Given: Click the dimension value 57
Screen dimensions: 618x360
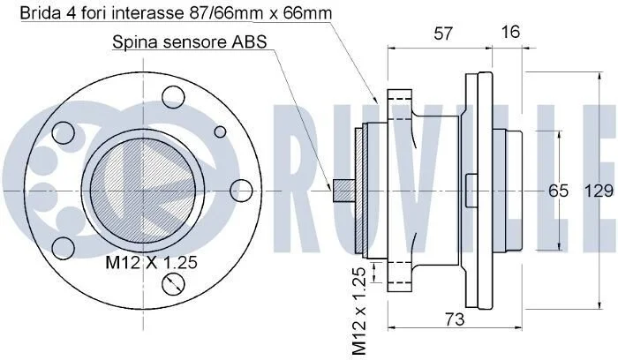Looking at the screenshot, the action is pos(443,34).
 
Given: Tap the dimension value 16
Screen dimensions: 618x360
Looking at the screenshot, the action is pos(510,32).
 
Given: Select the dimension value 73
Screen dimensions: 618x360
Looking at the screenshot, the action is pos(455,319).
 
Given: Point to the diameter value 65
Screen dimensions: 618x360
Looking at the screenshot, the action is pos(559,191).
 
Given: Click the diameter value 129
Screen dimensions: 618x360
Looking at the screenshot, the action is pos(599,191).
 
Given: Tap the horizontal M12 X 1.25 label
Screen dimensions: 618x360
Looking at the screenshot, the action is pos(151,262).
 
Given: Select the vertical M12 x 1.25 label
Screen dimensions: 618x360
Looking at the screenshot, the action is pos(359,311).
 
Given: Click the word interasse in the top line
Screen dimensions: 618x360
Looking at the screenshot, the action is pos(147,13).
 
